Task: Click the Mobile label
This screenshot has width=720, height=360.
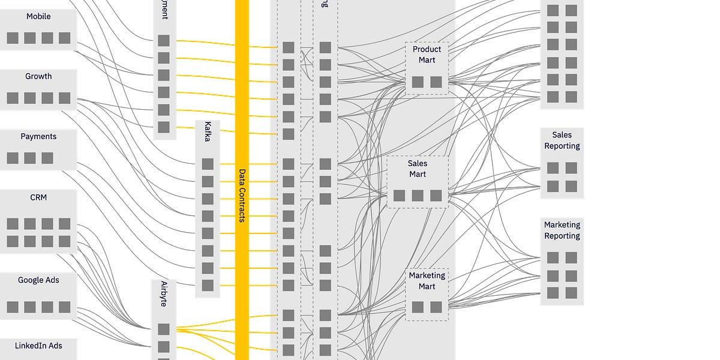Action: pyautogui.click(x=38, y=16)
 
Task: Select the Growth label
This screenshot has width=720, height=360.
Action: pyautogui.click(x=38, y=76)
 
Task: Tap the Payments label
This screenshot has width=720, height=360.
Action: pyautogui.click(x=38, y=136)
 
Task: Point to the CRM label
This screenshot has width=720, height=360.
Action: pyautogui.click(x=38, y=197)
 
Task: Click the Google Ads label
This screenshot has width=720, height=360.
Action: pyautogui.click(x=38, y=280)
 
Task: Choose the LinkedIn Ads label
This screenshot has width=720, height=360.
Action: pyautogui.click(x=38, y=345)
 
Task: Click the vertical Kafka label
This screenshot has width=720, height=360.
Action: pyautogui.click(x=208, y=132)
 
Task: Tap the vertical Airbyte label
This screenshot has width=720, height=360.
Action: pyautogui.click(x=164, y=293)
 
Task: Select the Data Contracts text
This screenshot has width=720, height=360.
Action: pyautogui.click(x=242, y=196)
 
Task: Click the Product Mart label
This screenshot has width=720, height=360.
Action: pyautogui.click(x=427, y=55)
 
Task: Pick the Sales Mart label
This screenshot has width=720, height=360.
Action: pyautogui.click(x=418, y=169)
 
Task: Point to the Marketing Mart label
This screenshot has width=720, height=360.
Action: pyautogui.click(x=427, y=281)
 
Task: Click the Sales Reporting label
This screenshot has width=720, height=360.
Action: pyautogui.click(x=562, y=140)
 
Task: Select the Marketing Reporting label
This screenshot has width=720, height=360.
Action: pyautogui.click(x=562, y=230)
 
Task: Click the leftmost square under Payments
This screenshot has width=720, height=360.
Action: pyautogui.click(x=13, y=158)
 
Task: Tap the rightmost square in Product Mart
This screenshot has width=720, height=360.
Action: pyautogui.click(x=436, y=82)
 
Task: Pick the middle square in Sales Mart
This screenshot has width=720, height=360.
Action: pyautogui.click(x=418, y=196)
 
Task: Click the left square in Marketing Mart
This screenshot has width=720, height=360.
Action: pyautogui.click(x=418, y=307)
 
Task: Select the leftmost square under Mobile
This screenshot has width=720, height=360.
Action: pyautogui.click(x=13, y=38)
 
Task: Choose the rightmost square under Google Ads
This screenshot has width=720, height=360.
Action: pyautogui.click(x=65, y=307)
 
